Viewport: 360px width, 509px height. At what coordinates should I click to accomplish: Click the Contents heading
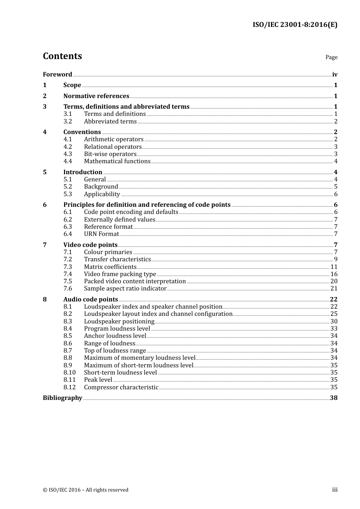pyautogui.click(x=62, y=56)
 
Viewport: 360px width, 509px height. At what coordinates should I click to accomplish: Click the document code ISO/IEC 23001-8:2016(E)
pyautogui.click(x=295, y=25)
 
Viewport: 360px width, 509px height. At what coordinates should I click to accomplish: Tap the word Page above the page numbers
pyautogui.click(x=331, y=57)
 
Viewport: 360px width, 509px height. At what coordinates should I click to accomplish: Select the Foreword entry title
pyautogui.click(x=57, y=75)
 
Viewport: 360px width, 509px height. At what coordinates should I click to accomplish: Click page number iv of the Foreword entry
pyautogui.click(x=335, y=75)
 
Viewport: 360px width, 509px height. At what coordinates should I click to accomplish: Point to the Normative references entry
pyautogui.click(x=96, y=96)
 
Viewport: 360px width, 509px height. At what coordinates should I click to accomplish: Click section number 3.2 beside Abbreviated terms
pyautogui.click(x=67, y=122)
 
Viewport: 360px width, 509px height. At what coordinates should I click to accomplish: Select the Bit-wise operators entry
pyautogui.click(x=110, y=154)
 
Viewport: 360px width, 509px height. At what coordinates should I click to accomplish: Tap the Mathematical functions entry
pyautogui.click(x=117, y=161)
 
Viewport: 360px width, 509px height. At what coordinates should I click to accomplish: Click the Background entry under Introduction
pyautogui.click(x=101, y=187)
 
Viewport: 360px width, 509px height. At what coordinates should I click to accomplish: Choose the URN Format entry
pyautogui.click(x=101, y=234)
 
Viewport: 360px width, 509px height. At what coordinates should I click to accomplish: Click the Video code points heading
pyautogui.click(x=90, y=245)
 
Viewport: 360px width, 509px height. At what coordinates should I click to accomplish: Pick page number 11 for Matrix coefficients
pyautogui.click(x=334, y=267)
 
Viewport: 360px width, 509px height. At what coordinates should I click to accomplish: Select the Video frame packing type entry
pyautogui.click(x=120, y=274)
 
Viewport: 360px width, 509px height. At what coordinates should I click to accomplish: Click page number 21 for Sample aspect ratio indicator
pyautogui.click(x=334, y=289)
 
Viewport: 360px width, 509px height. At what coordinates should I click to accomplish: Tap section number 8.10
pyautogui.click(x=69, y=373)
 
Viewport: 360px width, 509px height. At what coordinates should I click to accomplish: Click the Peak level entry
pyautogui.click(x=98, y=380)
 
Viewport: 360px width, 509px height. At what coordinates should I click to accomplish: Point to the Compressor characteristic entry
pyautogui.click(x=121, y=387)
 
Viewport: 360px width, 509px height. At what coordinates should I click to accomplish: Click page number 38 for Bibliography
pyautogui.click(x=333, y=398)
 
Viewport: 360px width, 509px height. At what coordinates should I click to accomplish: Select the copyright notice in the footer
pyautogui.click(x=86, y=490)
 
